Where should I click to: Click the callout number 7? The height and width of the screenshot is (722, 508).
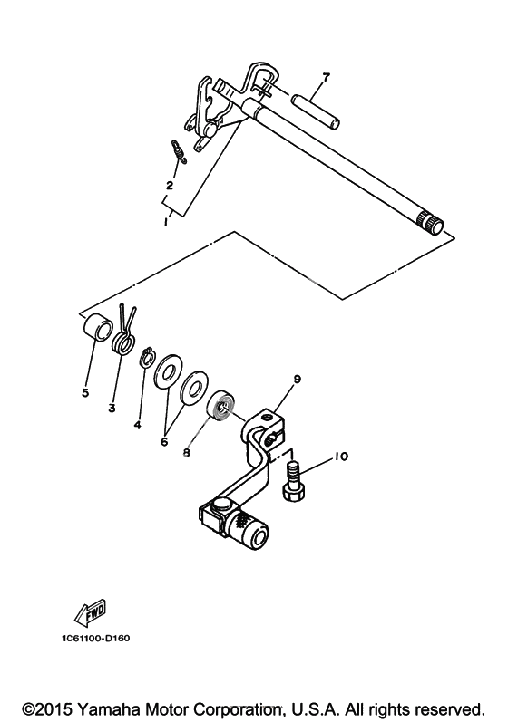coord(326,77)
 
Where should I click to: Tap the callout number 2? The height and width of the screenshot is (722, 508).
coord(170,186)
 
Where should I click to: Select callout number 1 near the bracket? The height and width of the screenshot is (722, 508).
coord(165,222)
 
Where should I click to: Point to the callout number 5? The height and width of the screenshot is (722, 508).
coord(85,393)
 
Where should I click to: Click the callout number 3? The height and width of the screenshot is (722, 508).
coord(112,408)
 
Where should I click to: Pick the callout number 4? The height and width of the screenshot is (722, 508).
coord(137,425)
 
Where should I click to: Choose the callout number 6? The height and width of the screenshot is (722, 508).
coord(164,441)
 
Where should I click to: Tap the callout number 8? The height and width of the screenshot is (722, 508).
coord(186,453)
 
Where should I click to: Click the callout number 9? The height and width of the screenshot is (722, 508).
coord(297,379)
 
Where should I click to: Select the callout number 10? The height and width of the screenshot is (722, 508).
coord(341,457)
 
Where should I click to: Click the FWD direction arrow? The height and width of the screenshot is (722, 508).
coord(91,612)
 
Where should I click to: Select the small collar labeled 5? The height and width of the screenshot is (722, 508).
coord(97,326)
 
